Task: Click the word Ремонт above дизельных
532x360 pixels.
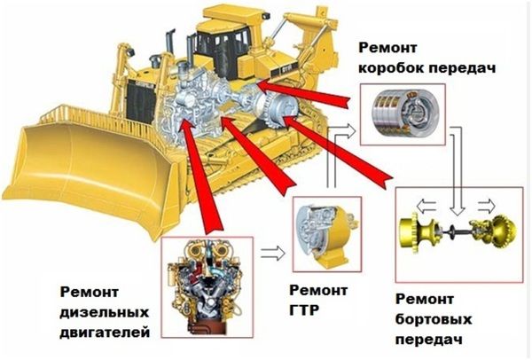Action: [90, 292]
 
